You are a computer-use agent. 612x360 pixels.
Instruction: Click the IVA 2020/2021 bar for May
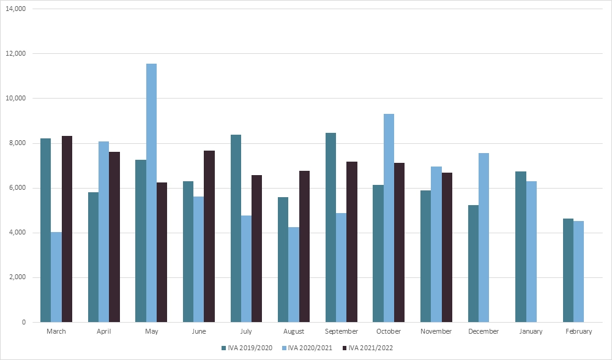(x=151, y=193)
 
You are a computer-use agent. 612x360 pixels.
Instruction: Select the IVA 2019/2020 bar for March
(x=46, y=230)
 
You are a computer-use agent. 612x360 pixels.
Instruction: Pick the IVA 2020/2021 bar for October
(x=389, y=218)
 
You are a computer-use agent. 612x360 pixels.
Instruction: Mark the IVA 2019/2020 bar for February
(x=568, y=270)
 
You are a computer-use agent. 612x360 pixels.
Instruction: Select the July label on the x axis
(x=246, y=331)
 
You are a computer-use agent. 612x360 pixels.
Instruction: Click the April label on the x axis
(x=103, y=331)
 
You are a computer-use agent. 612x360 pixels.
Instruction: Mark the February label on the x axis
(x=579, y=331)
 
